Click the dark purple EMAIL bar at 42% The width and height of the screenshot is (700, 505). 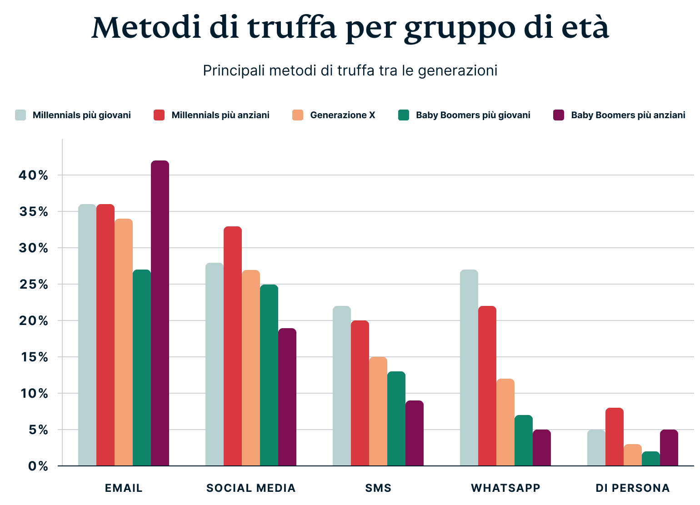tap(160, 314)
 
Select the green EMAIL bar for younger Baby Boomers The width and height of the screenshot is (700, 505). tap(142, 368)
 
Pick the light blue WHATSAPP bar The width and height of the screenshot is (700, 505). tap(469, 368)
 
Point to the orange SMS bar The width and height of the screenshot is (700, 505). tap(378, 412)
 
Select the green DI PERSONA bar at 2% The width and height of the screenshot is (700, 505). tap(651, 459)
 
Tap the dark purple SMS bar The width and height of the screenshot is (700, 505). tap(415, 434)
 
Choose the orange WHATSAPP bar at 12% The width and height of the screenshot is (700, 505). tap(505, 423)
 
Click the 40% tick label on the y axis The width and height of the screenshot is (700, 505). tap(34, 175)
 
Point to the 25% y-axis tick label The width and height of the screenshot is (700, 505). tap(34, 285)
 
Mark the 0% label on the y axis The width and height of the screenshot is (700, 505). tap(38, 466)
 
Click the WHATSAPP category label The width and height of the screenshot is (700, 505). tap(505, 488)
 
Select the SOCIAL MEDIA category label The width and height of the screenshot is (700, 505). tap(251, 488)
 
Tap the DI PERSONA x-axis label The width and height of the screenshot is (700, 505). tap(633, 488)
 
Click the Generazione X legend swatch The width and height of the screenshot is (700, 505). tap(298, 115)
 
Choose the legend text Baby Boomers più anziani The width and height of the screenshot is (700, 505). tap(628, 115)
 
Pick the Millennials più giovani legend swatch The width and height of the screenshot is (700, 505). tap(20, 115)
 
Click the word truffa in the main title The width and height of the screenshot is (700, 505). tap(293, 28)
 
